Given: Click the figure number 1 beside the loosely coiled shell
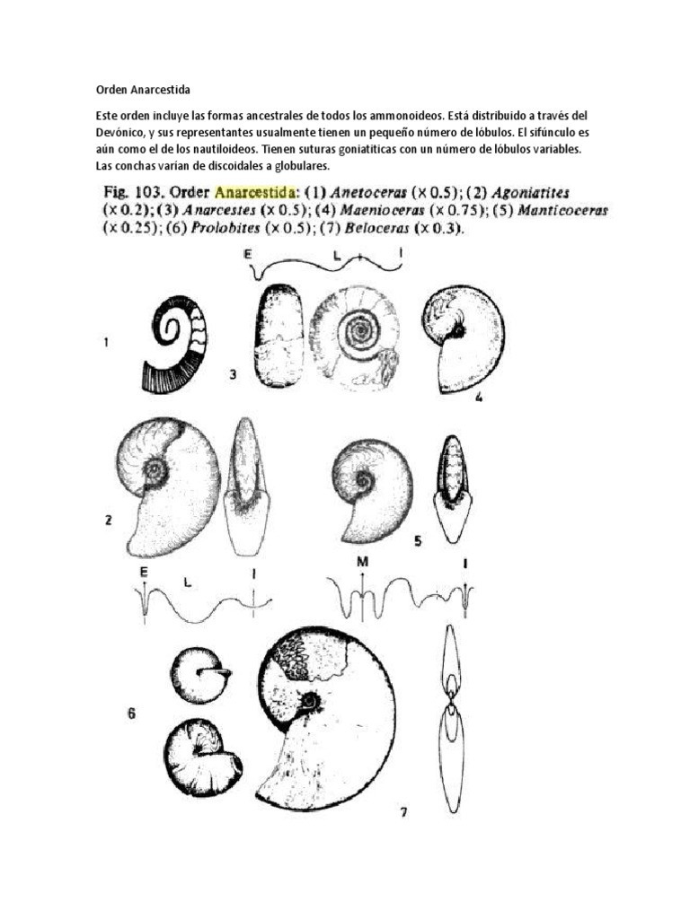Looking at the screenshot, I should click(107, 342).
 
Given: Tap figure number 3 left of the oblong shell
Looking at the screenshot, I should click(232, 375).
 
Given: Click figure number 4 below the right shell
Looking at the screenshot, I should click(479, 396).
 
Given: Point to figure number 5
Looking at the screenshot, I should click(419, 540).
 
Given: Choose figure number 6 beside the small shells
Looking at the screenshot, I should click(131, 714).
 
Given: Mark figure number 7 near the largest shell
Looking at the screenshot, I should click(404, 813).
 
